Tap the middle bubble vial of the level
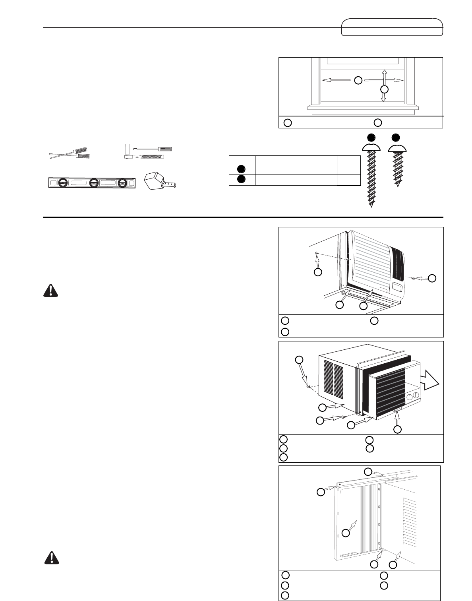94,183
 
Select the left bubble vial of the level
62,183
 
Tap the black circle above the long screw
371,138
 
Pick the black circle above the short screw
396,138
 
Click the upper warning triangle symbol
50,291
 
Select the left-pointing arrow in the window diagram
332,80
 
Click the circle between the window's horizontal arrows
358,80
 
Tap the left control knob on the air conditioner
409,396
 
